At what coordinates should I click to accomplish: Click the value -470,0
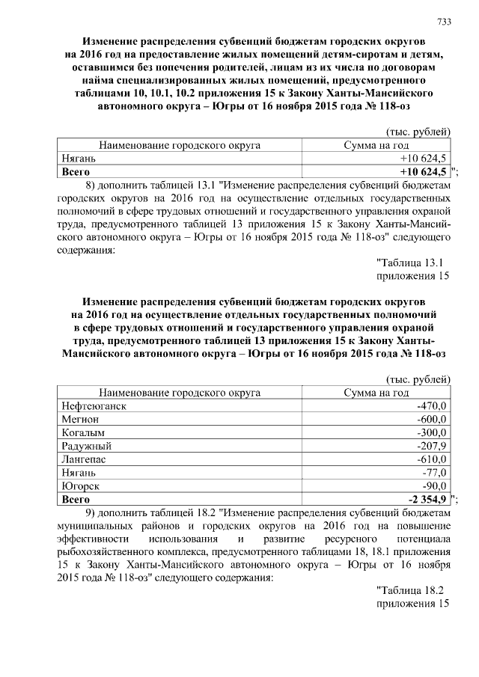(431, 405)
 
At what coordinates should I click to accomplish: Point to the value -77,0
(434, 473)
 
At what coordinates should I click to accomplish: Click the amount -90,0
(434, 486)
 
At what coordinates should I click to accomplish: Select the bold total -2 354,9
(426, 500)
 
